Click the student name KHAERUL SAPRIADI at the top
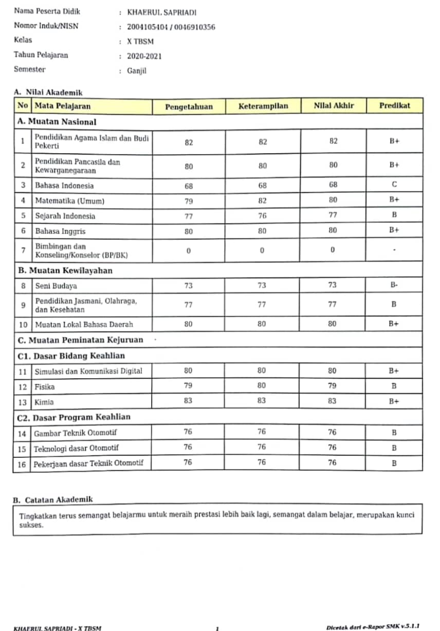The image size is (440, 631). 161,13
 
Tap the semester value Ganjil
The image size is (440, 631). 137,71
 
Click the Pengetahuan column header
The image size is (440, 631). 189,107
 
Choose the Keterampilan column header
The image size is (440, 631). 263,106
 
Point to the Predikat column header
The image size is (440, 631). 394,106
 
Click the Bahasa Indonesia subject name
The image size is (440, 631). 64,185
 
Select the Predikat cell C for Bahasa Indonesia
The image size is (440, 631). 394,184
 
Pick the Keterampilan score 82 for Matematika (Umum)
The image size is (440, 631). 263,200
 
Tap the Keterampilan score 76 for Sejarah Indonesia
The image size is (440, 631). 263,216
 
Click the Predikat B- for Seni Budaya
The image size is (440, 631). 394,286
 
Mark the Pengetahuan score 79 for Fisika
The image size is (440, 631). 188,386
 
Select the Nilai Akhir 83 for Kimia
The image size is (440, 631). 333,401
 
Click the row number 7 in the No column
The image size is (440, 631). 23,251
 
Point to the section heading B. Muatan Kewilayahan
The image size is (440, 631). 65,270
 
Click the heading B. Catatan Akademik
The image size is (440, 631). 53,499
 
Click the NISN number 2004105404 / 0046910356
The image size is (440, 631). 171,27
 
